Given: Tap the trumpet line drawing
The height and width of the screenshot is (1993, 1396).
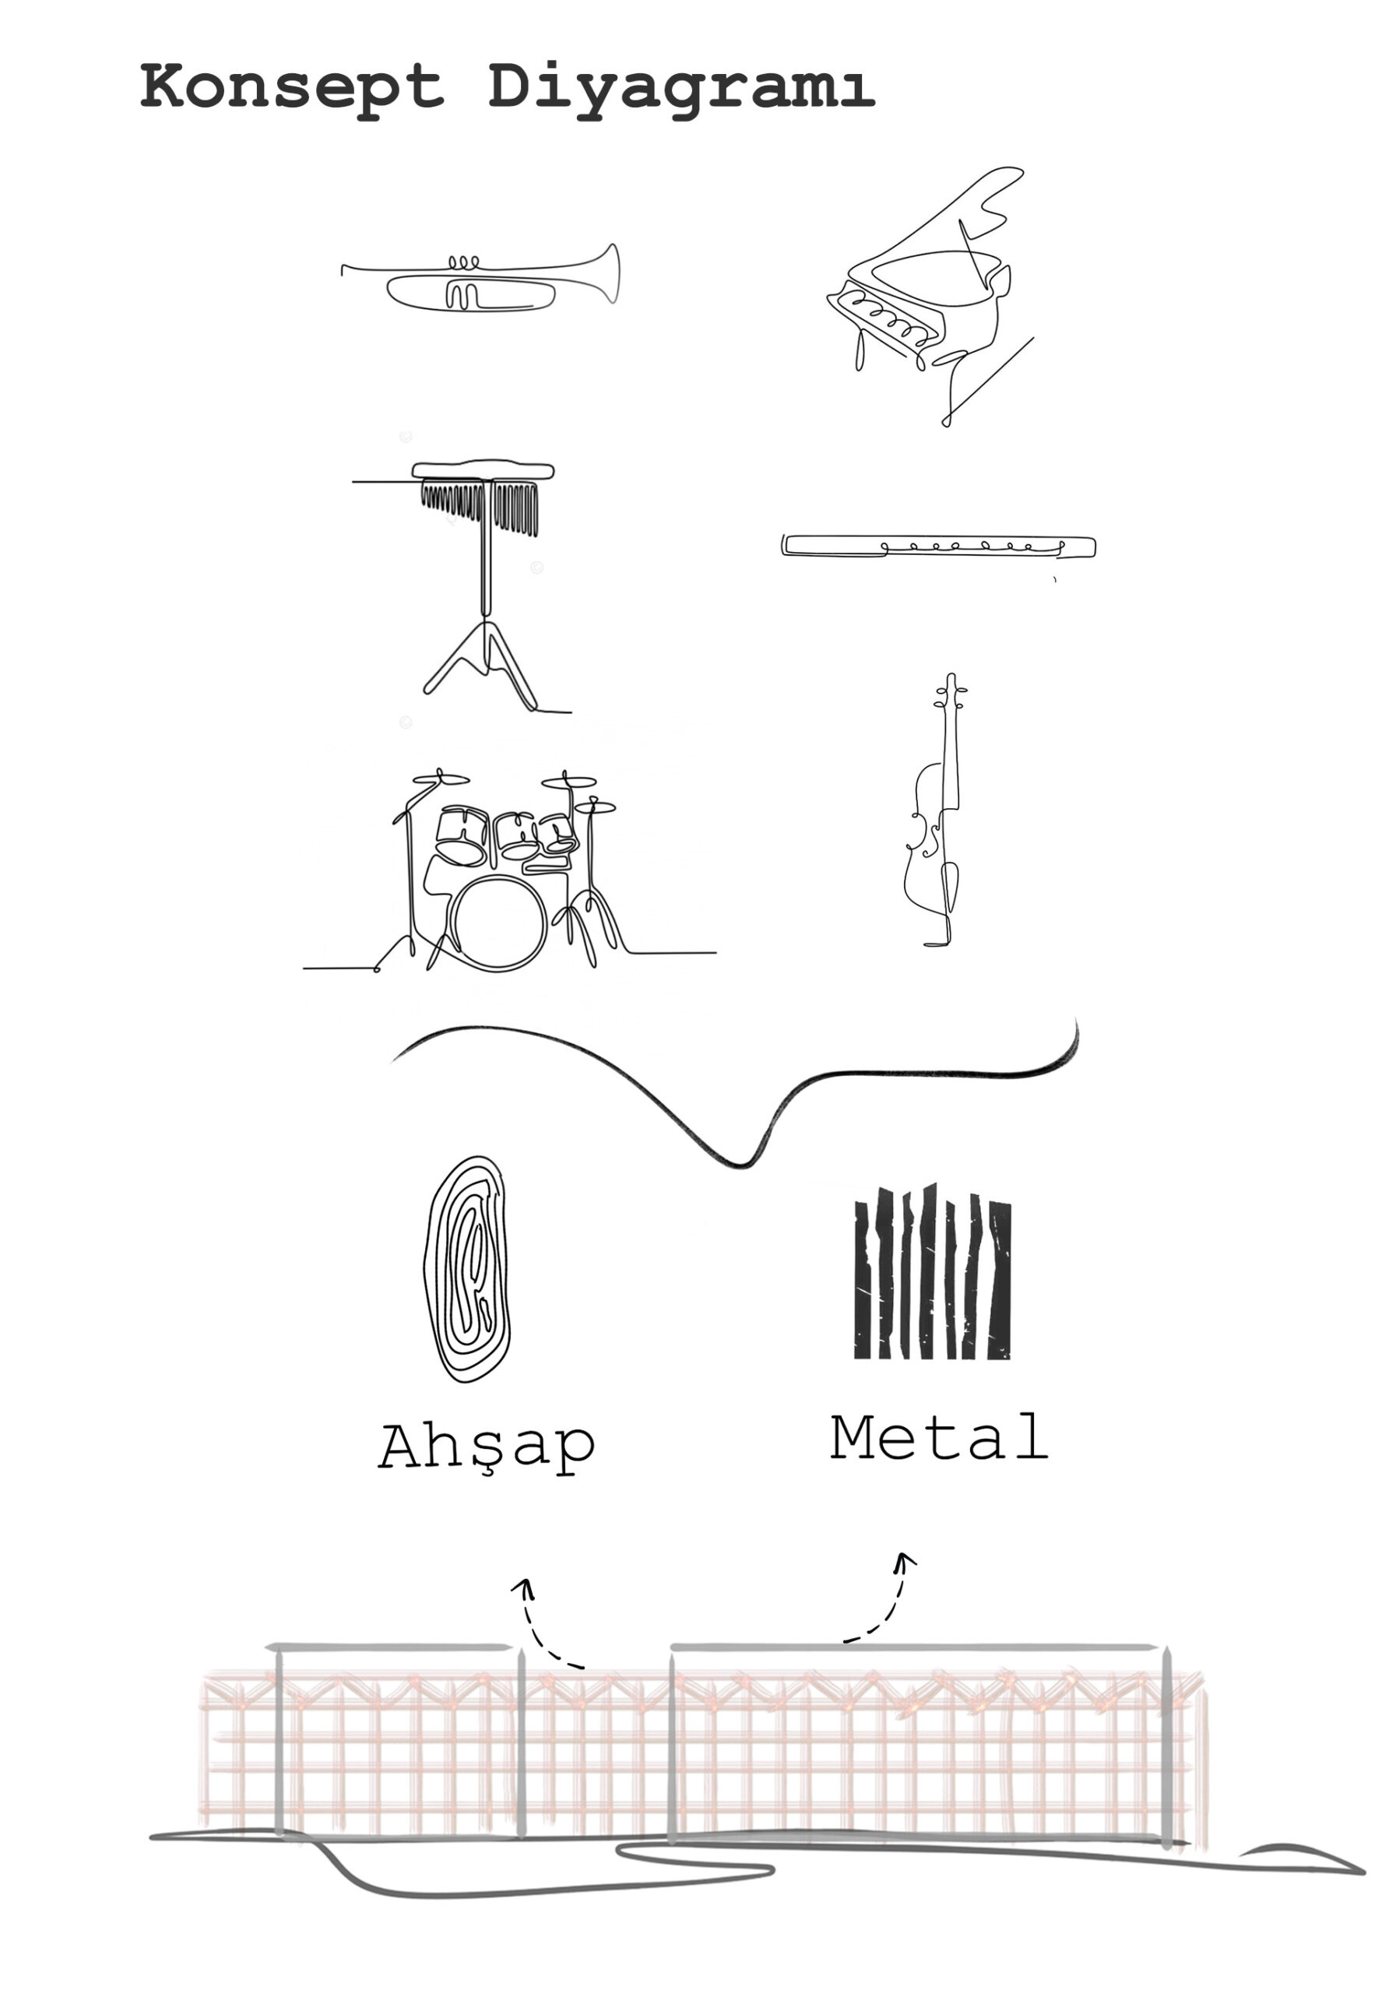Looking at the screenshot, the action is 480,278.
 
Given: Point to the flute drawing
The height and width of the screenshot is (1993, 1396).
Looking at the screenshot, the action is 938,546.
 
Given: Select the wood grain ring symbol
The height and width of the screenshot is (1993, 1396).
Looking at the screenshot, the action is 466,1268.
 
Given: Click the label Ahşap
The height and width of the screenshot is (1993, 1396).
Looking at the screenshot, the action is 487,1446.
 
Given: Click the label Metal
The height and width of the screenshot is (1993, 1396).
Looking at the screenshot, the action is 939,1436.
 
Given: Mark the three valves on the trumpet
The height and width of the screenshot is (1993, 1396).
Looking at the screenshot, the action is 462,262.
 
